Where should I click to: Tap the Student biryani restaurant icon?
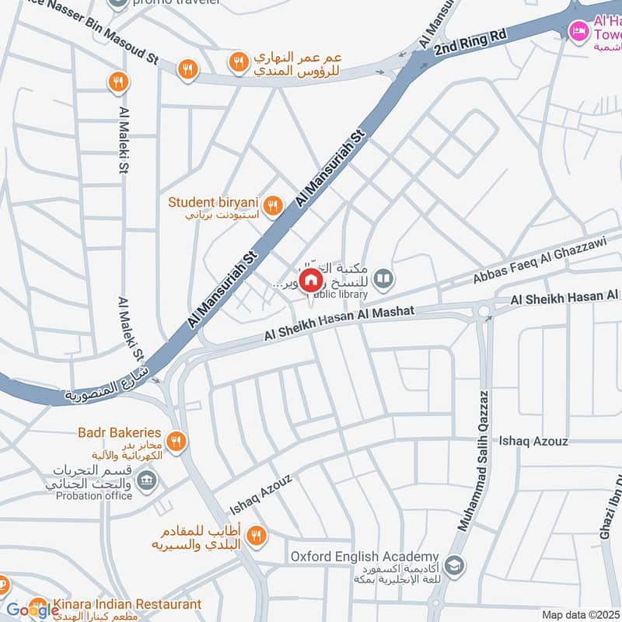coord(271,205)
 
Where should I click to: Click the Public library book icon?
coord(383,278)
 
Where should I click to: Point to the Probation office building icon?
coord(145,483)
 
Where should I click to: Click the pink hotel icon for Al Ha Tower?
coord(578,31)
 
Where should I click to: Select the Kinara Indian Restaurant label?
coord(127,604)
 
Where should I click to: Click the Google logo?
coord(31,610)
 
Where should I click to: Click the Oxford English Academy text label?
coord(365,557)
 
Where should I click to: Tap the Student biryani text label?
coord(213,202)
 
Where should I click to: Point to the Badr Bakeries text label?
coord(119,432)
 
